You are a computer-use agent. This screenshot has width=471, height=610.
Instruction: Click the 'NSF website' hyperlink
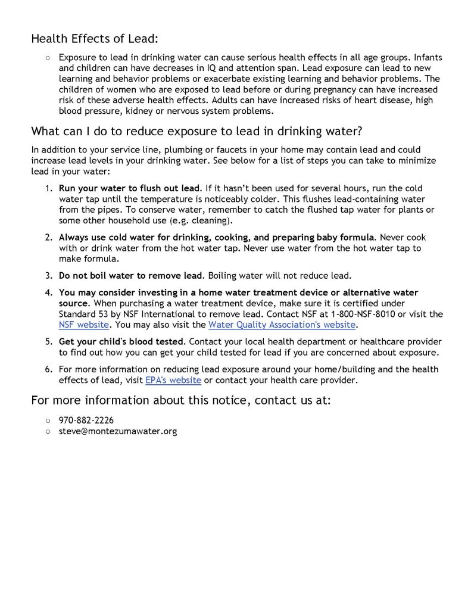83,325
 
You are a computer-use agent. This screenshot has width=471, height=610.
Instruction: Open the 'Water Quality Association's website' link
282,325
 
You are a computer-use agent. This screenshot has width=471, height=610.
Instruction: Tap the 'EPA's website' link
173,380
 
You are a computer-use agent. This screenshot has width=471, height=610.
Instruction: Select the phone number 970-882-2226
86,420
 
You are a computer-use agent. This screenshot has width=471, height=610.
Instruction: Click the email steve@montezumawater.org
117,431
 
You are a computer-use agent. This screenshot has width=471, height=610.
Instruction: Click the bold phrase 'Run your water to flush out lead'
130,188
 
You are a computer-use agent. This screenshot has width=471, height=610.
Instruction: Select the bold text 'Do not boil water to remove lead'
131,276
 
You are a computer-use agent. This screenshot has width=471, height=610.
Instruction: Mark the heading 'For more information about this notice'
180,400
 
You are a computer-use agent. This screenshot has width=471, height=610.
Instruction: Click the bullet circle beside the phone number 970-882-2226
47,421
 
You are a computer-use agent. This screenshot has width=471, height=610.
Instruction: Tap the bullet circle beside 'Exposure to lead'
47,58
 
